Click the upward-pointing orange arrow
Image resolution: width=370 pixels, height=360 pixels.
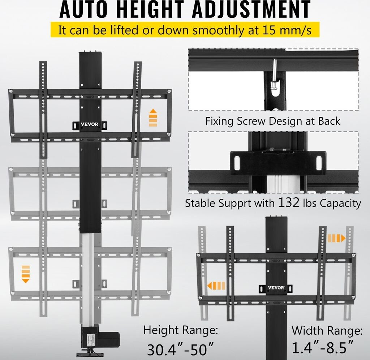click(153, 117)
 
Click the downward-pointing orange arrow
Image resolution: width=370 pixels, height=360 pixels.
click(26, 274)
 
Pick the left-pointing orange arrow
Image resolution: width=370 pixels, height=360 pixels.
click(216, 286)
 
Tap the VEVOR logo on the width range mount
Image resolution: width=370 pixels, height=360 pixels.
click(276, 288)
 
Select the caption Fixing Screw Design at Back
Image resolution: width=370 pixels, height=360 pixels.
click(273, 121)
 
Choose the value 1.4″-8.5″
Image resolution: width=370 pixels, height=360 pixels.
click(322, 348)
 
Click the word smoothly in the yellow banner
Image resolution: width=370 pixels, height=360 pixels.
click(219, 30)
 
